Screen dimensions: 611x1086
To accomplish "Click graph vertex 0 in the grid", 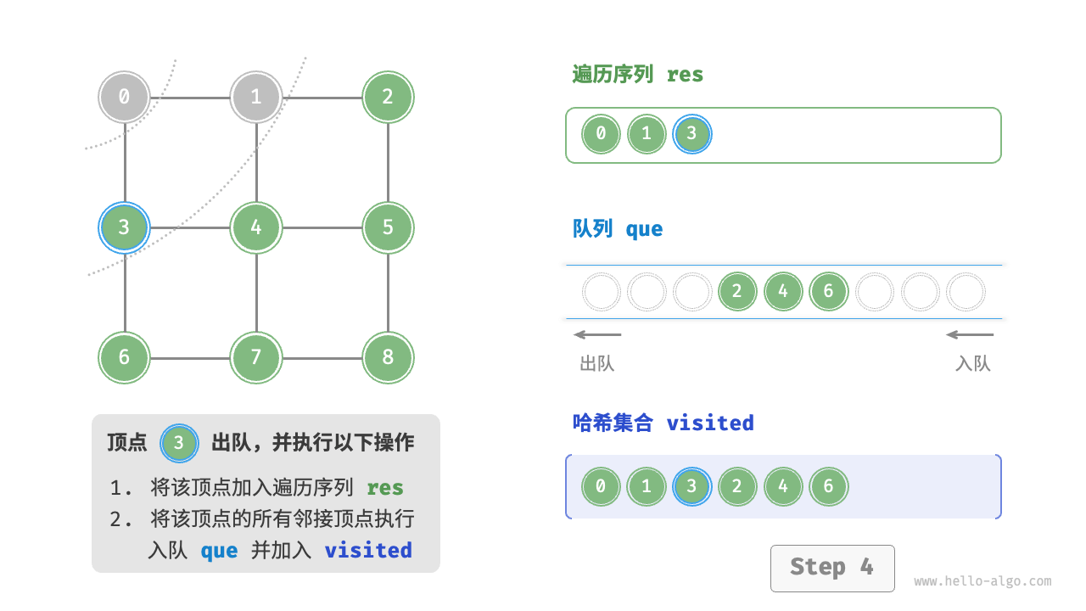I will [x=124, y=97].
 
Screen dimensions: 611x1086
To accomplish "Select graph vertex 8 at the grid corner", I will [x=388, y=357].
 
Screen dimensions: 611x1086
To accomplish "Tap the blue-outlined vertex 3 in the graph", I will [x=124, y=227].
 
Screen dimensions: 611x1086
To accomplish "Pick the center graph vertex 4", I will [x=256, y=227].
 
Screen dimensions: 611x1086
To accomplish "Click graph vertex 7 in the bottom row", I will [x=256, y=357].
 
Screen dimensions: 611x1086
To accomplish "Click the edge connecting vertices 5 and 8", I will [x=388, y=293].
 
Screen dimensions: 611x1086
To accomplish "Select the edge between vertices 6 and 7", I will [x=190, y=358].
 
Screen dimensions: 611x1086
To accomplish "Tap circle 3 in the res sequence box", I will [x=691, y=134].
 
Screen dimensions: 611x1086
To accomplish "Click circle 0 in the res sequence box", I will [x=601, y=134].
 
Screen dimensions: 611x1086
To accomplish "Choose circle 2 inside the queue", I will [x=736, y=292].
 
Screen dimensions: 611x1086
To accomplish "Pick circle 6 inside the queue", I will [x=828, y=292].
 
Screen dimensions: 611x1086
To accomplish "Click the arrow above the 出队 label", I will [x=597, y=334].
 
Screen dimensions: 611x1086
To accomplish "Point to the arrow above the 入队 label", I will [x=970, y=334].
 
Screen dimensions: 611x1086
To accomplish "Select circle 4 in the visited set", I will [x=782, y=487].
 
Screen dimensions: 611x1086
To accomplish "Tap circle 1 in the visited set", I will [x=647, y=487].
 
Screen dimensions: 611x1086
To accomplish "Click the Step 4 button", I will [x=831, y=568].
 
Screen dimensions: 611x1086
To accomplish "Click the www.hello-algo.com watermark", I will [x=982, y=582].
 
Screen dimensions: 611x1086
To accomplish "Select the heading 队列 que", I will [x=618, y=229].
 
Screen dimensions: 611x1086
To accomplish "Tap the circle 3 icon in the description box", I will [x=179, y=443].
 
